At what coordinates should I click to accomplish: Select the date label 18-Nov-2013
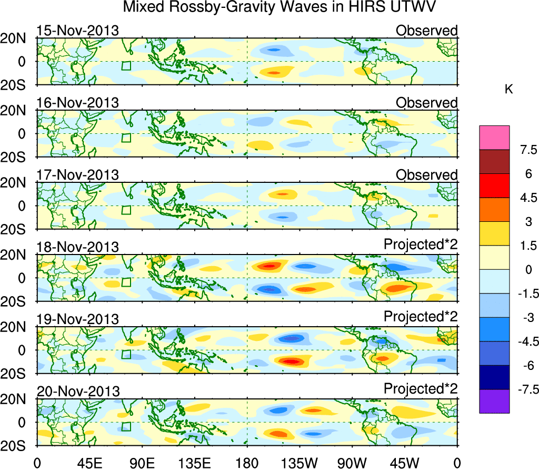tap(77, 247)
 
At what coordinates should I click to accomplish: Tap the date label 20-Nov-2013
tap(77, 392)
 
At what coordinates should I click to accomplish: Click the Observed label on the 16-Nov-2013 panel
tap(426, 103)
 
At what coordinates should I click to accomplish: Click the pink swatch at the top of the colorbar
tap(494, 138)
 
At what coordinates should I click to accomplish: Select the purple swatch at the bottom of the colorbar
tap(494, 401)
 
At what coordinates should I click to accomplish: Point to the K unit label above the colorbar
tap(508, 90)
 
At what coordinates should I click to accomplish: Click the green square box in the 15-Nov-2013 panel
tap(126, 65)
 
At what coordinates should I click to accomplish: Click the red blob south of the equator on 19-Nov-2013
tap(291, 362)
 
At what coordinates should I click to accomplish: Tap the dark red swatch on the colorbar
tap(494, 162)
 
